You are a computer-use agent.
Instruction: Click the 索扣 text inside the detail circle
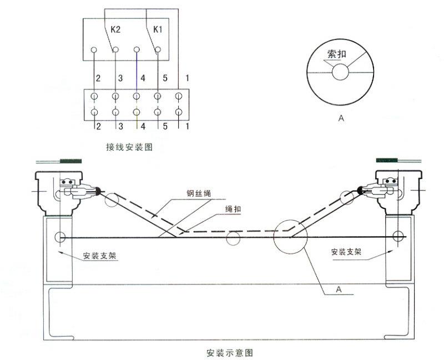coord(339,55)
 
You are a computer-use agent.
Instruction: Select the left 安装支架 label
coord(100,256)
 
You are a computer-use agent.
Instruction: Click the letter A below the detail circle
coord(340,118)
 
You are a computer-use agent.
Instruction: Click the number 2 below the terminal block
coord(98,127)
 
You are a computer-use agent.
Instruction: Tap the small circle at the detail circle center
coord(340,72)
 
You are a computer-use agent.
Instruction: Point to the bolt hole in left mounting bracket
coord(59,237)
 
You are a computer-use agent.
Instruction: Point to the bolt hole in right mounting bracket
coord(397,237)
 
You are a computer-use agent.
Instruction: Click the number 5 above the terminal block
coord(165,78)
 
